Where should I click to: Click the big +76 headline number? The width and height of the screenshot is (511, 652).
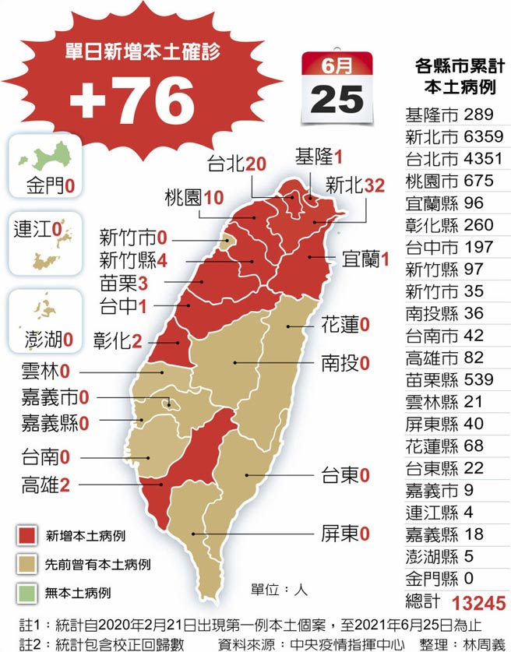coord(133,100)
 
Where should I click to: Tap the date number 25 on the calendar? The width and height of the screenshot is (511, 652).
coord(337,99)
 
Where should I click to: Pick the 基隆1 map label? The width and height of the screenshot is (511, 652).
coord(319,156)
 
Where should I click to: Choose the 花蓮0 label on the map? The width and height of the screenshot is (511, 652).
coord(345,325)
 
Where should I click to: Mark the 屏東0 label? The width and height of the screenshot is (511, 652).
coord(344,534)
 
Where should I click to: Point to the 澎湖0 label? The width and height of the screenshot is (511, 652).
coord(47,340)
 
